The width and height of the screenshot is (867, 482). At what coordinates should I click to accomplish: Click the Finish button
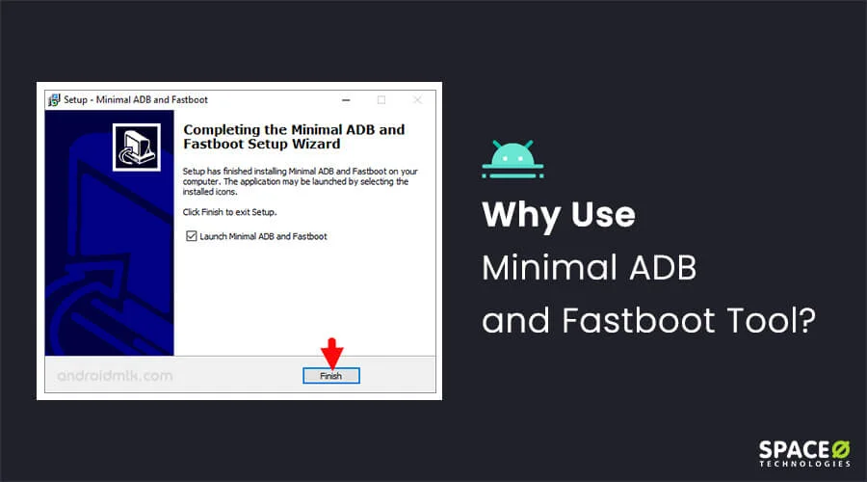pos(331,376)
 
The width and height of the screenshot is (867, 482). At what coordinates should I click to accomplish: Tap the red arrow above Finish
pos(331,353)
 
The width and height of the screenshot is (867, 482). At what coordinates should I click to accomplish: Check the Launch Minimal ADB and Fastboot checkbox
pos(192,236)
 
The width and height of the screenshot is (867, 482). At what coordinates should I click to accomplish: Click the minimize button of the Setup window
pos(346,100)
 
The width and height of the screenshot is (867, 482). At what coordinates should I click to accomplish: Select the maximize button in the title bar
pos(381,100)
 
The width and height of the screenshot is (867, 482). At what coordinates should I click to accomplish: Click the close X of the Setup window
pos(417,99)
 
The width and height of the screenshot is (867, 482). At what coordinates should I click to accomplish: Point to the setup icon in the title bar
pos(54,99)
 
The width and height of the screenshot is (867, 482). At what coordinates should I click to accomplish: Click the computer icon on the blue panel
pos(137,147)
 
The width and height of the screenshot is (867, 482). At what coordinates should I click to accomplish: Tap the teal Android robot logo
pos(512,159)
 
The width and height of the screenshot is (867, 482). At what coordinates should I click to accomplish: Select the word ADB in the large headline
pos(663,268)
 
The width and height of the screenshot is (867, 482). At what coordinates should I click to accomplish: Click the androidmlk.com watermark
pos(115,376)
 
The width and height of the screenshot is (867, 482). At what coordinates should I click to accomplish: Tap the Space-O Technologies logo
pos(804,454)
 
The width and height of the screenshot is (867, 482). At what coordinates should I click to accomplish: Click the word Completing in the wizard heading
pos(222,130)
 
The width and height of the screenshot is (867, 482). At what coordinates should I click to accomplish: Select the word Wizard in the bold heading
pos(316,144)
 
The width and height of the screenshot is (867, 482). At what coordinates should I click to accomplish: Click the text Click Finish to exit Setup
pos(229,212)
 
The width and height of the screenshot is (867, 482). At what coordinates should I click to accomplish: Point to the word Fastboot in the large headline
pos(639,320)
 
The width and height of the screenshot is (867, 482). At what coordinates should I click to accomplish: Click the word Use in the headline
pos(603,215)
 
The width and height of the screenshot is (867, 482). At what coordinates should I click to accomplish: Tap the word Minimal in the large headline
pos(549,268)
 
